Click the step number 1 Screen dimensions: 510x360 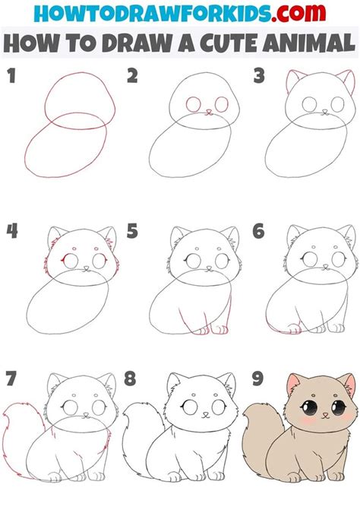tap(11, 77)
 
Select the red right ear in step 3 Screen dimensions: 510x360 tap(346, 79)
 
